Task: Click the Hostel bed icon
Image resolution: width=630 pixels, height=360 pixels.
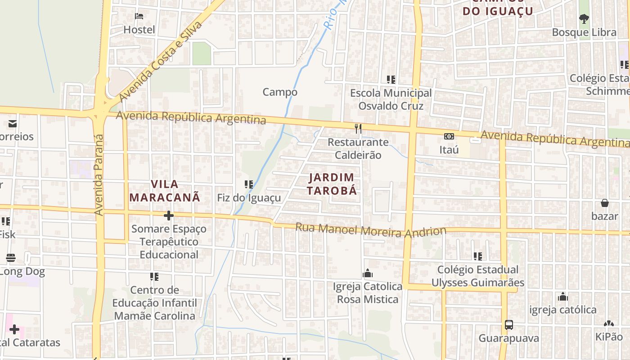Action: point(139,16)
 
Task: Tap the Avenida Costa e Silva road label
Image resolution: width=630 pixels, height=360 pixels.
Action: point(160,62)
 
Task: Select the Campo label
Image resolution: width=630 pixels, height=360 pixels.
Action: point(280,92)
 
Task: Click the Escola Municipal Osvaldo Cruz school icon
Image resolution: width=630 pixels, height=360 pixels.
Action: point(391,80)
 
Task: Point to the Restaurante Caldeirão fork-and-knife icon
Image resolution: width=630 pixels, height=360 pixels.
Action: point(358,129)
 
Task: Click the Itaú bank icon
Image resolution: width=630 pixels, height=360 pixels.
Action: point(449,136)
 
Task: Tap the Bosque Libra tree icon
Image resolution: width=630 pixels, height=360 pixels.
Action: point(584,19)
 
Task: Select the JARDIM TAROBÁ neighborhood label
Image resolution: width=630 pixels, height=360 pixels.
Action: point(332,184)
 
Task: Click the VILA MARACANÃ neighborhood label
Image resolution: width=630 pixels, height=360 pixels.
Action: point(165,190)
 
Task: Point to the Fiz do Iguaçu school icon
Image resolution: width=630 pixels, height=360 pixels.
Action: point(248,184)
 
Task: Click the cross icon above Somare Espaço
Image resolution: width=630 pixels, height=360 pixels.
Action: point(169,216)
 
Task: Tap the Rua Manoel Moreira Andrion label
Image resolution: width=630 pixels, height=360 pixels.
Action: point(370,229)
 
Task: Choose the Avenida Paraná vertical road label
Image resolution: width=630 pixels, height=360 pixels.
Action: point(99,175)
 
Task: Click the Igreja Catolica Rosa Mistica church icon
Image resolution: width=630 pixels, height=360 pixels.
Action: point(368,274)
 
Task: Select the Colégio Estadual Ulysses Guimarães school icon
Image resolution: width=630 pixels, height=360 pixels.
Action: point(477,256)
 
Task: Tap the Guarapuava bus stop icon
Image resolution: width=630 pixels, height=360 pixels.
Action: point(508,325)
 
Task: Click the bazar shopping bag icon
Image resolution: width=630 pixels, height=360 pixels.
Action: point(604,203)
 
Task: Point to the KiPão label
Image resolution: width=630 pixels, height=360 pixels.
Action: point(609,337)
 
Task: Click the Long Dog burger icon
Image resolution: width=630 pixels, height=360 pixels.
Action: point(11,258)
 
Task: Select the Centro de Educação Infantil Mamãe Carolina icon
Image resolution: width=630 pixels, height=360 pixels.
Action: point(154,277)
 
